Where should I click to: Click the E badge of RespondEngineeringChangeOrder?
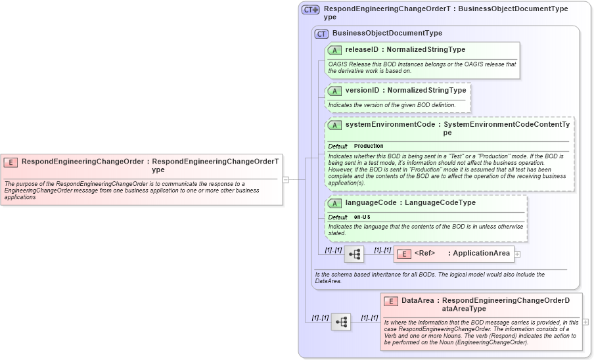[11, 162]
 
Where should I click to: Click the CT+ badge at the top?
[311, 10]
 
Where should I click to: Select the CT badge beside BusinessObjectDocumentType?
[321, 34]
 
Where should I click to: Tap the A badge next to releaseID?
[334, 50]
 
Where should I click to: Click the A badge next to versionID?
[334, 91]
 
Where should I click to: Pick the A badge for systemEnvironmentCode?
[334, 125]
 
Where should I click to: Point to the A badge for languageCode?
[334, 204]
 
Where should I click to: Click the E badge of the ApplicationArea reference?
[404, 254]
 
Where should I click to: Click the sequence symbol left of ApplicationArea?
[354, 254]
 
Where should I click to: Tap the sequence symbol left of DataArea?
[341, 322]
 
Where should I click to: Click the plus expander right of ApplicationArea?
[518, 254]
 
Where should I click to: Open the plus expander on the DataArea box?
[585, 322]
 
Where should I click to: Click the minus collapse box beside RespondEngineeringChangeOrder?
[286, 179]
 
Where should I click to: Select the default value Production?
[369, 146]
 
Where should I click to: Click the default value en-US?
[362, 217]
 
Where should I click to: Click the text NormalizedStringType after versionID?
[426, 90]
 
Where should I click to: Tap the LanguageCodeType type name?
[440, 203]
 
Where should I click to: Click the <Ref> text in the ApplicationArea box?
[424, 254]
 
